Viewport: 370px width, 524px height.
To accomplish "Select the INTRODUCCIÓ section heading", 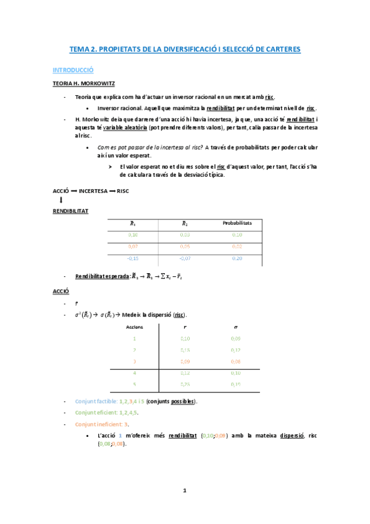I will tap(72, 70).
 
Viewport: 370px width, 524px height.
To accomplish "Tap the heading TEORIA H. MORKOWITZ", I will tap(83, 83).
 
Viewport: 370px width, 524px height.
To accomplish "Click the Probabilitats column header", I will tap(237, 223).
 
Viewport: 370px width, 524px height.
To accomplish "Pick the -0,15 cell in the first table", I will tap(133, 258).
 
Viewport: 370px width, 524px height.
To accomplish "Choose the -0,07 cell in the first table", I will tap(185, 258).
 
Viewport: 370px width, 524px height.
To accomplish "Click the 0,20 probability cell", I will tap(237, 258).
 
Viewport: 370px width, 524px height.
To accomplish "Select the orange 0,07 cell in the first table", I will tap(133, 247).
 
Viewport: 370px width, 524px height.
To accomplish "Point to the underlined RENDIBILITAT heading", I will tap(70, 211).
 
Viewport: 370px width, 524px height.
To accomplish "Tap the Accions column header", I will tap(135, 326).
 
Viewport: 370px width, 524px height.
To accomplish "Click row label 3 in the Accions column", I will tap(135, 361).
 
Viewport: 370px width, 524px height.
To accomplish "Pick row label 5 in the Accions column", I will tap(135, 384).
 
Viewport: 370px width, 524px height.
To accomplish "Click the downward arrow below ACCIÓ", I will tap(61, 200).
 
